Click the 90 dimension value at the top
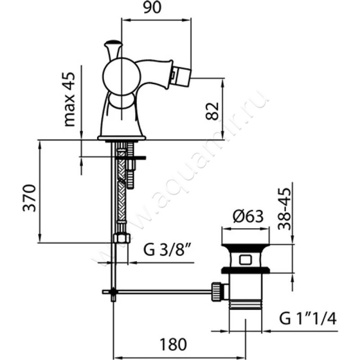pos(152,8)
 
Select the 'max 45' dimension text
pos(70,99)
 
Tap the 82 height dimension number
pos(212,111)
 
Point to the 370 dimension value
pos(29,198)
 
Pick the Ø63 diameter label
pos(248,216)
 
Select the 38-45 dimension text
pos(284,209)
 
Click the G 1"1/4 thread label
pos(308,319)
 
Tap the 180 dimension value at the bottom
pos(173,344)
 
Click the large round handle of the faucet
pos(121,76)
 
